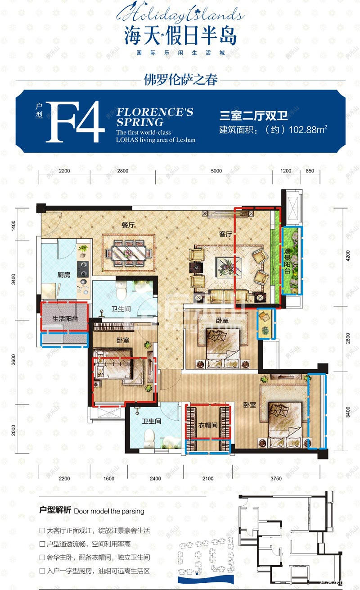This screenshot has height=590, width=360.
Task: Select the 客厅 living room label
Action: click(225, 235)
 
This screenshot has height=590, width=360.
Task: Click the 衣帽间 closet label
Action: click(208, 426)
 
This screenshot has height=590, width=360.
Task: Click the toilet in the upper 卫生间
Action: click(121, 291)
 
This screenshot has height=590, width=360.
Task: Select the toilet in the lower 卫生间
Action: click(148, 436)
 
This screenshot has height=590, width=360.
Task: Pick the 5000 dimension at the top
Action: click(216, 171)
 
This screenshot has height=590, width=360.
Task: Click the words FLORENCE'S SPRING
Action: click(154, 117)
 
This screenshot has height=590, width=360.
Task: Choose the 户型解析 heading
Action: click(55, 511)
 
